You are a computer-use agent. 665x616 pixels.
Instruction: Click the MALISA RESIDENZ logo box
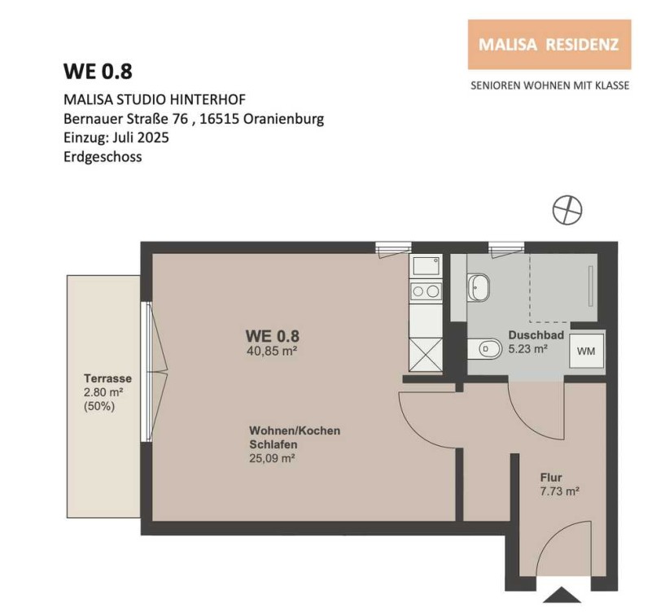coord(549,45)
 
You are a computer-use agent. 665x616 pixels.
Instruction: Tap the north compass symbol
coord(567,210)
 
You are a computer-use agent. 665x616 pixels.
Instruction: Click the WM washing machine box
coord(586,351)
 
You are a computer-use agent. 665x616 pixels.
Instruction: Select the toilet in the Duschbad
coord(484,349)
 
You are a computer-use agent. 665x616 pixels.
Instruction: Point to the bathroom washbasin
coord(479,288)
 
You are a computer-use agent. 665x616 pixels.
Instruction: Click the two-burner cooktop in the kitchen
coord(426,291)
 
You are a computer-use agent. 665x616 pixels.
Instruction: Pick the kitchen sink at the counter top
coord(426,265)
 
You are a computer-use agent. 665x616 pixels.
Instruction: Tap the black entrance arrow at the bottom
coord(562,595)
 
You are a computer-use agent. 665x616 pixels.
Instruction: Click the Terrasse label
coord(107,378)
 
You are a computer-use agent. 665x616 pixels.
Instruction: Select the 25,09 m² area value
coord(273,458)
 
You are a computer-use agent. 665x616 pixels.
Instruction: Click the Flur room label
coord(551,478)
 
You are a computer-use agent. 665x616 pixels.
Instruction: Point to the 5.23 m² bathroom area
coord(528,349)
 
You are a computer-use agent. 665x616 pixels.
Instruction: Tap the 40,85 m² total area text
coord(271,351)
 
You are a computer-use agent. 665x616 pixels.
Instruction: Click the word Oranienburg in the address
coord(283,119)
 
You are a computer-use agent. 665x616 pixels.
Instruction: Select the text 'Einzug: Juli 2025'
coord(116,138)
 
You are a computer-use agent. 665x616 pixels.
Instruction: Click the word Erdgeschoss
coord(103,157)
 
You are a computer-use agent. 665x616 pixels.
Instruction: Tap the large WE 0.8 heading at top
coord(98,72)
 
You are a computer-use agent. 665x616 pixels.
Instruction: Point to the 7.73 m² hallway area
coord(560,491)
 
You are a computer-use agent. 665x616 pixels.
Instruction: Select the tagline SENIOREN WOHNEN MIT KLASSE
coord(549,85)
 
